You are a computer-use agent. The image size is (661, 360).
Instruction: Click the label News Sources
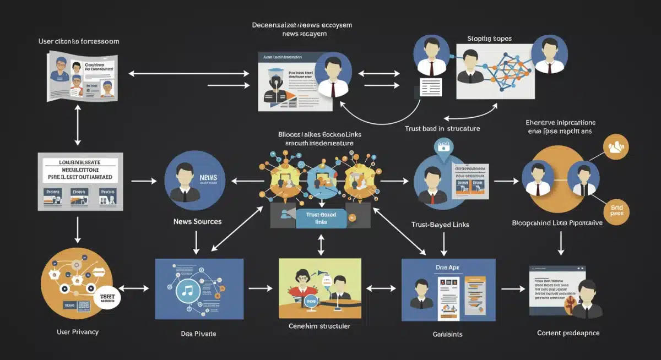click(x=197, y=221)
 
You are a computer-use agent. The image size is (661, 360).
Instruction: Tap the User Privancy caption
click(x=78, y=332)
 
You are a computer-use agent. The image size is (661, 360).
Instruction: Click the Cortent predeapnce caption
click(x=568, y=333)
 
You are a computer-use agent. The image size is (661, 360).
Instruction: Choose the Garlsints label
click(x=448, y=334)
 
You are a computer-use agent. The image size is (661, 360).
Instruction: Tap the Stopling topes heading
click(x=489, y=39)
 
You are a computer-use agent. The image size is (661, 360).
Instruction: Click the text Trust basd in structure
click(x=442, y=128)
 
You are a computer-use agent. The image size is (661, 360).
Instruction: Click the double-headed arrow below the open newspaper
click(x=78, y=126)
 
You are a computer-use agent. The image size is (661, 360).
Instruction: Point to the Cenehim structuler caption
click(x=319, y=326)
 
